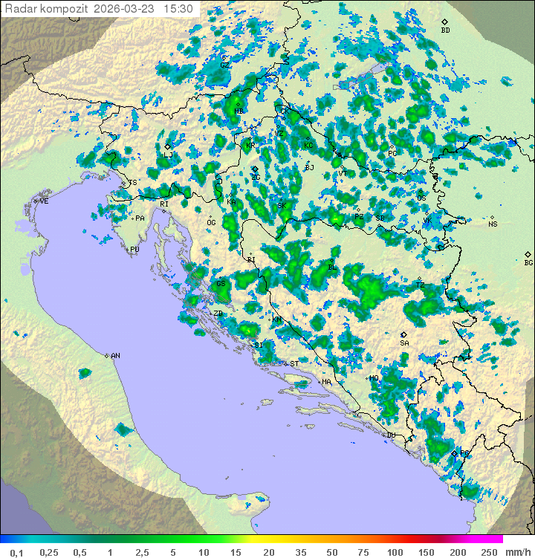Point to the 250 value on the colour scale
(488, 552)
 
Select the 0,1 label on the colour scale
(16, 552)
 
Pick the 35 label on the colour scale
(302, 552)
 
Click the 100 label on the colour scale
(395, 552)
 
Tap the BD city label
(445, 30)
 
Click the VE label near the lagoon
(44, 201)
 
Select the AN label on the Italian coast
(115, 356)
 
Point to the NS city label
(493, 224)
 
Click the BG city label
(528, 262)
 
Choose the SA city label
(404, 343)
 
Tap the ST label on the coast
(294, 364)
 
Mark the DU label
(391, 435)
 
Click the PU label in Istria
(134, 250)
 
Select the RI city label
(164, 204)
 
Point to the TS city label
(133, 183)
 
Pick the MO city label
(374, 378)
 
